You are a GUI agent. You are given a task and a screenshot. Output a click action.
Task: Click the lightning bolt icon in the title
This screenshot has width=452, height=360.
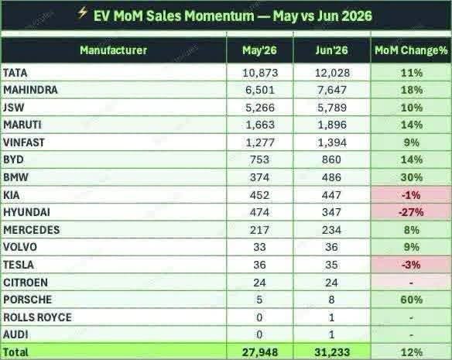tap(83, 12)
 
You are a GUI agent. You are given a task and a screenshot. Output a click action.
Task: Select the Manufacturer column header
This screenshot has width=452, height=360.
tap(113, 50)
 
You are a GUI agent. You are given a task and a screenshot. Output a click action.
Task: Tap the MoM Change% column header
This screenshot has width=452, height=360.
tap(411, 50)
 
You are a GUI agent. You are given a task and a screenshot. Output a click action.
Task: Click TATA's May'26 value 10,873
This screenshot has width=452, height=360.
tap(260, 73)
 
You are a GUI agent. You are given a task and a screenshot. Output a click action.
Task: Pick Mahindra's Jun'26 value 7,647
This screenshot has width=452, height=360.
tap(331, 90)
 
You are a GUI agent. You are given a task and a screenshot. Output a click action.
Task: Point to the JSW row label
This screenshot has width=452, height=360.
tap(14, 108)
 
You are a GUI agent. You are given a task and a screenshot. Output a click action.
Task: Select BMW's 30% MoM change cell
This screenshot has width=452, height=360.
tap(411, 177)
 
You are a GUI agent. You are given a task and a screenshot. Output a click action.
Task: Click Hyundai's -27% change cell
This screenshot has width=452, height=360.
tap(411, 212)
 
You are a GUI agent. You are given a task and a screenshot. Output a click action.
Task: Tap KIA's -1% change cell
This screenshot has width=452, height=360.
tap(411, 195)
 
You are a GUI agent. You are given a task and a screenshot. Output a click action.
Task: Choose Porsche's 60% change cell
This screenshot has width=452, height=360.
tap(411, 300)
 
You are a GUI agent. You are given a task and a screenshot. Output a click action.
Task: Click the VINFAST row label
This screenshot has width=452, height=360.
tap(24, 142)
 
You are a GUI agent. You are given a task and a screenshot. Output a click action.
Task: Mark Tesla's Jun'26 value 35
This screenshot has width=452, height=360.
tap(331, 265)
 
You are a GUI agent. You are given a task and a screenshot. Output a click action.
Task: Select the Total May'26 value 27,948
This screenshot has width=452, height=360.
tap(260, 352)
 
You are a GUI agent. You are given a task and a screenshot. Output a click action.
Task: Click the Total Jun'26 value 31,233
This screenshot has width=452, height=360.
tap(332, 352)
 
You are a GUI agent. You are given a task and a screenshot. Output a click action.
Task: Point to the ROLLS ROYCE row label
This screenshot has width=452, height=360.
tap(37, 317)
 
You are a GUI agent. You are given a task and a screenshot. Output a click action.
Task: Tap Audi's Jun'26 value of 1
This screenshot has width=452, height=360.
tap(331, 334)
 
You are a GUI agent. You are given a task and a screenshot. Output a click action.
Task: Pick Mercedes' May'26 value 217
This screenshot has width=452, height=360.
tap(260, 230)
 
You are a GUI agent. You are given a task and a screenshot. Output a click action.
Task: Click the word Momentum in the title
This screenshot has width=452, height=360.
tap(219, 15)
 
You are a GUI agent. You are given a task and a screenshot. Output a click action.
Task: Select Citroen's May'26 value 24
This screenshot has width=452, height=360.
tap(259, 283)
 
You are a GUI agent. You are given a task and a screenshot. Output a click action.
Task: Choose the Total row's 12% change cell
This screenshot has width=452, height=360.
tap(411, 352)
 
